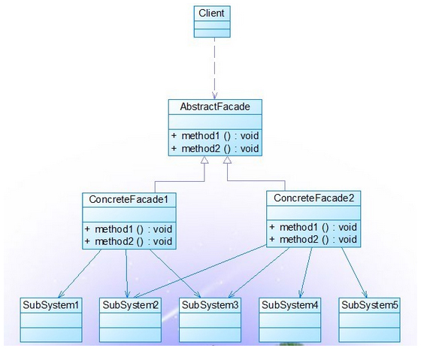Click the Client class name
click(211, 13)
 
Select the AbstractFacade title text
click(215, 107)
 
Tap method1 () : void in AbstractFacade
click(220, 135)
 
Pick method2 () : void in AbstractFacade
click(220, 148)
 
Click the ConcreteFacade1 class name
click(129, 200)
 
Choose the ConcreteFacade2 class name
click(314, 198)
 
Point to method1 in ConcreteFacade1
click(114, 229)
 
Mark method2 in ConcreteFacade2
click(298, 239)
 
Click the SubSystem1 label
click(51, 305)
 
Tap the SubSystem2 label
click(131, 305)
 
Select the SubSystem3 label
click(210, 305)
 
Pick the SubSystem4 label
click(289, 305)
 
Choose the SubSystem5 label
click(370, 305)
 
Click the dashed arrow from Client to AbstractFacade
click(214, 68)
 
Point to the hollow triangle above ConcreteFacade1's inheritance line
click(204, 160)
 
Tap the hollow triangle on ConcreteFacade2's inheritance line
click(227, 160)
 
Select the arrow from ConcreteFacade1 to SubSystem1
click(80, 274)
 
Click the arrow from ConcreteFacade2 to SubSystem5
click(355, 273)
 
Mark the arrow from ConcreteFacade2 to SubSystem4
click(305, 273)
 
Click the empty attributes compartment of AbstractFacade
click(215, 122)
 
